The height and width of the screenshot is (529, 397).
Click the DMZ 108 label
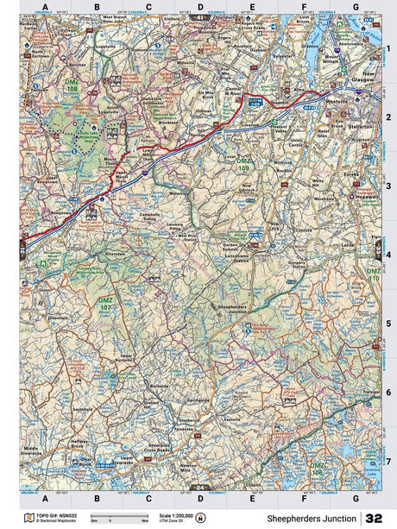pyautogui.click(x=72, y=86)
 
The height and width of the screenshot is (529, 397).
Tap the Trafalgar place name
pyautogui.click(x=372, y=393)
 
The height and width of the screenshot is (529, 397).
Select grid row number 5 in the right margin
pyautogui.click(x=388, y=324)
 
